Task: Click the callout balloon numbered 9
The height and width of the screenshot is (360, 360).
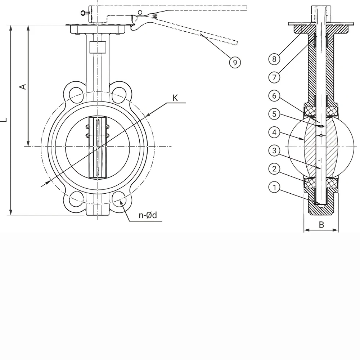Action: [x=235, y=62]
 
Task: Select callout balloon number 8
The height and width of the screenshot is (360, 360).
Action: [x=274, y=59]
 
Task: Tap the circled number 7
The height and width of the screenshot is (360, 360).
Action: [x=274, y=77]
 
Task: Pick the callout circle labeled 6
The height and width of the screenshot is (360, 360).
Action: [x=274, y=96]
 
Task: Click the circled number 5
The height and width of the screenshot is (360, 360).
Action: [x=274, y=114]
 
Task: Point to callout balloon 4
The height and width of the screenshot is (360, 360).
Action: [x=274, y=132]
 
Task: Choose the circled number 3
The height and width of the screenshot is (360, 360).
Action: [x=274, y=151]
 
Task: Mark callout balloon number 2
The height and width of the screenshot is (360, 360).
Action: [x=274, y=169]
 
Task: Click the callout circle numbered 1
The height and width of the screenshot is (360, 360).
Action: [x=274, y=188]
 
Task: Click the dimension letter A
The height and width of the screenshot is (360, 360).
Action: [x=23, y=87]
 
